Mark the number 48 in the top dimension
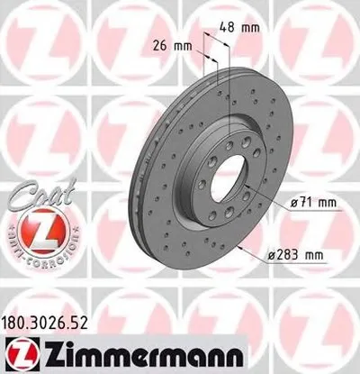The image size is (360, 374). pos(230,28)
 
